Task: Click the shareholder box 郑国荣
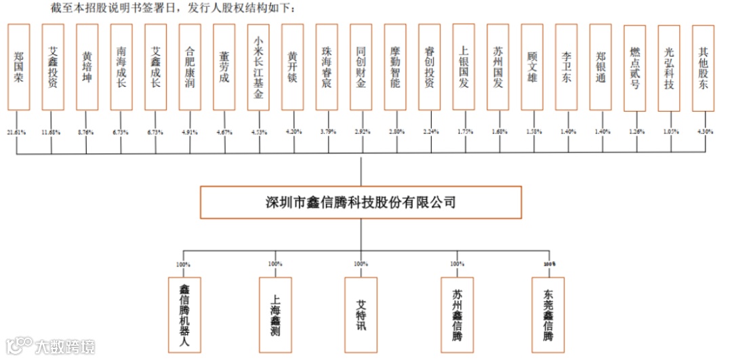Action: click(x=20, y=66)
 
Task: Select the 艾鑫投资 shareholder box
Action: click(x=54, y=66)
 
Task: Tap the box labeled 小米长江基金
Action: click(x=258, y=66)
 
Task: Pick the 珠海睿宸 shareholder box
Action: click(x=327, y=66)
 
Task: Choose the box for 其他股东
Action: click(x=704, y=66)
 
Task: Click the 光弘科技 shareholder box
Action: click(x=669, y=66)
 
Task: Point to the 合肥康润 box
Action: click(x=190, y=66)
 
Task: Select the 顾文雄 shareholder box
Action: click(x=532, y=66)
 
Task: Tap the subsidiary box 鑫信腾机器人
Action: click(x=183, y=313)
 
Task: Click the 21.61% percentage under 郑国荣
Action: click(x=16, y=131)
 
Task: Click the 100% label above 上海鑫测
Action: click(x=275, y=264)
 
